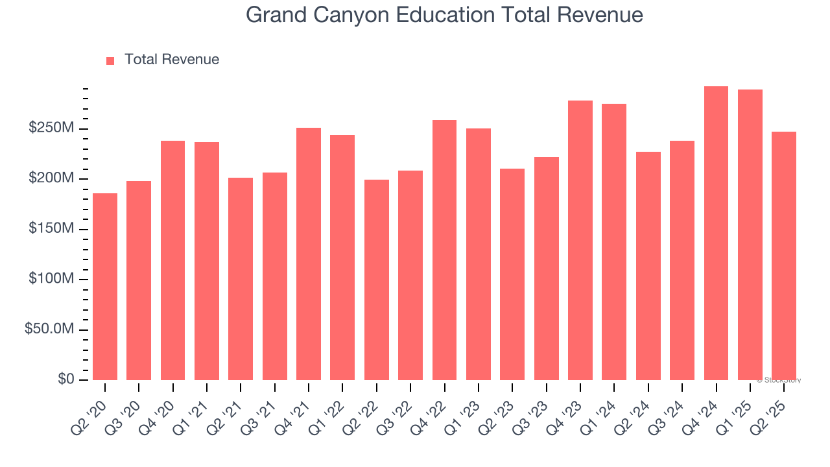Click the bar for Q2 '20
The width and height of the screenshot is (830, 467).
click(105, 287)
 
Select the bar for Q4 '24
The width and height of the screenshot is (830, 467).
click(716, 233)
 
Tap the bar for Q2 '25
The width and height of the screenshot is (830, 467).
click(784, 256)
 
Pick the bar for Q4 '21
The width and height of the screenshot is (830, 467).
click(309, 254)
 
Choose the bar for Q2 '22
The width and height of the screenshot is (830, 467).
click(377, 280)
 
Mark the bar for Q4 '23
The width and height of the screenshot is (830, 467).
click(580, 240)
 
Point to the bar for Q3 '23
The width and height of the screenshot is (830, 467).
click(546, 269)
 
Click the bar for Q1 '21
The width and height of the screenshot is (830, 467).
click(207, 261)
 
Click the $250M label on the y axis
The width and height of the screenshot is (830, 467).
click(51, 128)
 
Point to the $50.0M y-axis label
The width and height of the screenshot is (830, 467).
click(49, 329)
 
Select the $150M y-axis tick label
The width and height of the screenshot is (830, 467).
click(51, 229)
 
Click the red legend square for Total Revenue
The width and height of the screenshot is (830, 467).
click(110, 60)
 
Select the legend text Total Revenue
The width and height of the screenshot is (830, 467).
click(172, 60)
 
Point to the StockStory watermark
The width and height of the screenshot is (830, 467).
click(778, 380)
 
